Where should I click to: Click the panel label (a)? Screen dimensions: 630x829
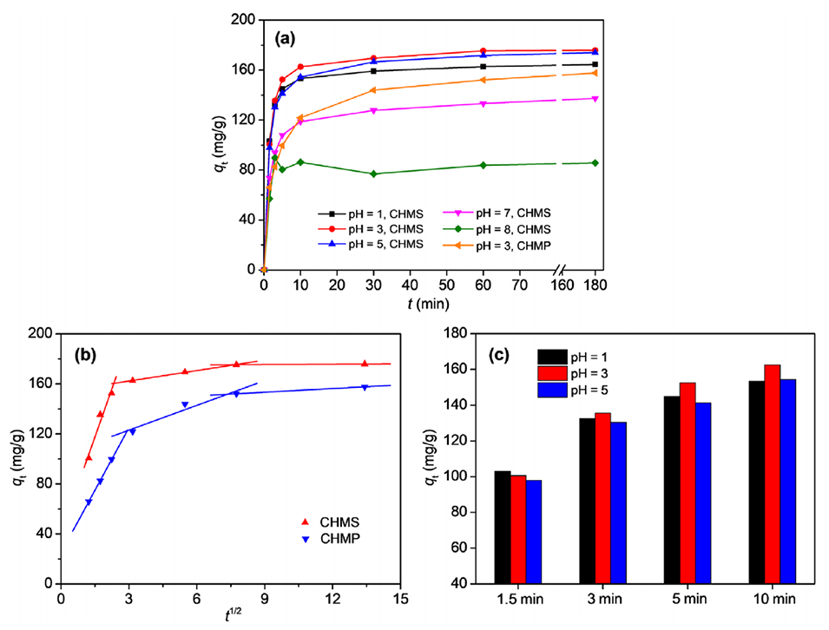(x=289, y=39)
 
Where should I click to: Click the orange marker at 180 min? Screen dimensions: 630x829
(x=595, y=73)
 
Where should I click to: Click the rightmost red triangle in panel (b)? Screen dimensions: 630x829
(x=365, y=364)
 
